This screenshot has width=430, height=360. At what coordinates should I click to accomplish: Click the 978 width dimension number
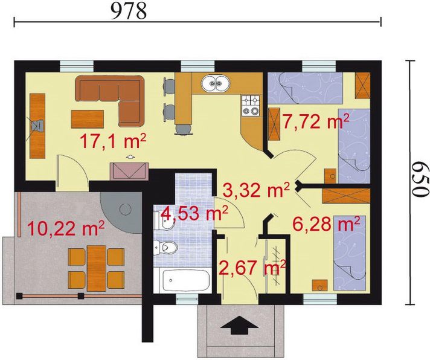pos(129,11)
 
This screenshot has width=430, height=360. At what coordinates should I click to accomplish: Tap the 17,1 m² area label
pos(113,141)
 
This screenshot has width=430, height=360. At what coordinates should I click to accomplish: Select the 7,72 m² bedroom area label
pos(316,121)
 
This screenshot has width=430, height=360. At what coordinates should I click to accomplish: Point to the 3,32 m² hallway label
pos(256,190)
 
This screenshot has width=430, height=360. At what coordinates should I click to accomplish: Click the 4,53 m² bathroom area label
pos(194,213)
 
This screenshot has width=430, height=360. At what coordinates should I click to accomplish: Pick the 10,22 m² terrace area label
pos(66,228)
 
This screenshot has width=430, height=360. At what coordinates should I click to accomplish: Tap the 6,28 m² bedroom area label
pos(326,224)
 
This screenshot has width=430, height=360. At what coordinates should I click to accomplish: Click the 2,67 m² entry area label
pos(252,268)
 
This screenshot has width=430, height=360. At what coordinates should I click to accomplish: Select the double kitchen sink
pos(216,83)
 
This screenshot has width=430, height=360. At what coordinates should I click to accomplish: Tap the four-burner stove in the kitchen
pos(251,105)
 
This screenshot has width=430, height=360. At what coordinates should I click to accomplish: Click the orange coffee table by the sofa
pos(87,119)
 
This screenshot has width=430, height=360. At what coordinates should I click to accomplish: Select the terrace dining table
pos(97,268)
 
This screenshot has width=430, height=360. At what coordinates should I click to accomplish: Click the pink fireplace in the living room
pos(129,172)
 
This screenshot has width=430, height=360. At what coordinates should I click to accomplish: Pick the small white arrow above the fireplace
pos(130,157)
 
